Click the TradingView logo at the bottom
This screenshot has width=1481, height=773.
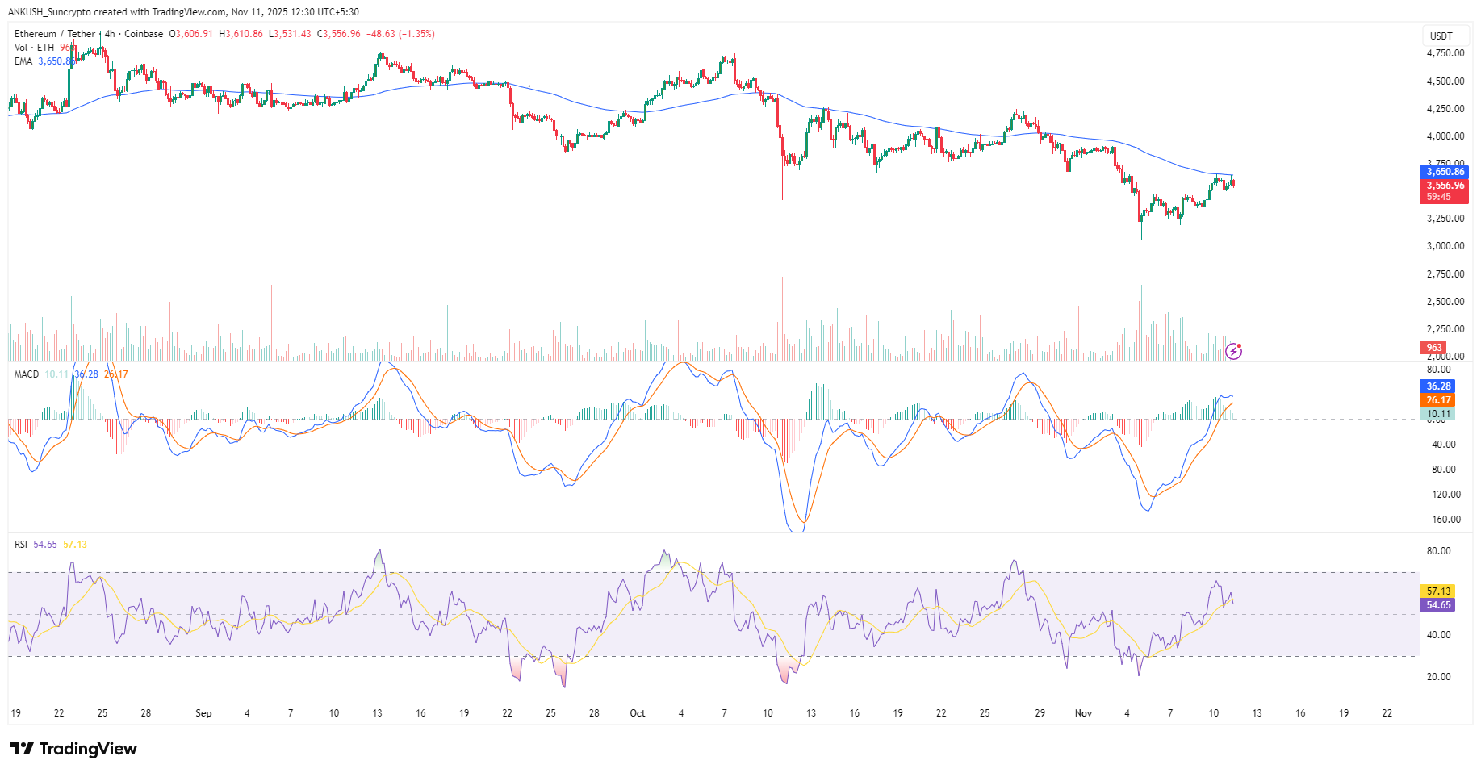click(73, 749)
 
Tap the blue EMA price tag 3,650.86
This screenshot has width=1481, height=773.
click(1444, 172)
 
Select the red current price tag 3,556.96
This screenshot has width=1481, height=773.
click(1444, 186)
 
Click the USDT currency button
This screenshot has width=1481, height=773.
click(1441, 36)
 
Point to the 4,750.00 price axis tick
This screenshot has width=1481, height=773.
click(1445, 53)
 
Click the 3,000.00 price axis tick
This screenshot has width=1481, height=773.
click(1445, 246)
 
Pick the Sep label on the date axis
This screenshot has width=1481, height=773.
click(203, 713)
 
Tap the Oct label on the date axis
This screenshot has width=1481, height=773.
click(638, 713)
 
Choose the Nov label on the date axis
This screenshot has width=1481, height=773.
click(1083, 713)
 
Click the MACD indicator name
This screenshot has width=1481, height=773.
click(27, 374)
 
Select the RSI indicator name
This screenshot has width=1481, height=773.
click(21, 545)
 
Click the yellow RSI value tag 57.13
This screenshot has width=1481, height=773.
click(1438, 591)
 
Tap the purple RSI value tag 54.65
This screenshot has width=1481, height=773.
click(1438, 605)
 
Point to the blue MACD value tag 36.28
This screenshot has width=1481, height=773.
click(1438, 386)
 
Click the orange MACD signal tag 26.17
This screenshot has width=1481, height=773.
click(1438, 400)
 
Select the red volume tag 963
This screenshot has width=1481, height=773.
click(1433, 348)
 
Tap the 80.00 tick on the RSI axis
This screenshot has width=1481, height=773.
click(1438, 551)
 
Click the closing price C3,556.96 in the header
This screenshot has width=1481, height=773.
click(339, 34)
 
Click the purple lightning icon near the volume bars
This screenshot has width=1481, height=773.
click(1233, 351)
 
